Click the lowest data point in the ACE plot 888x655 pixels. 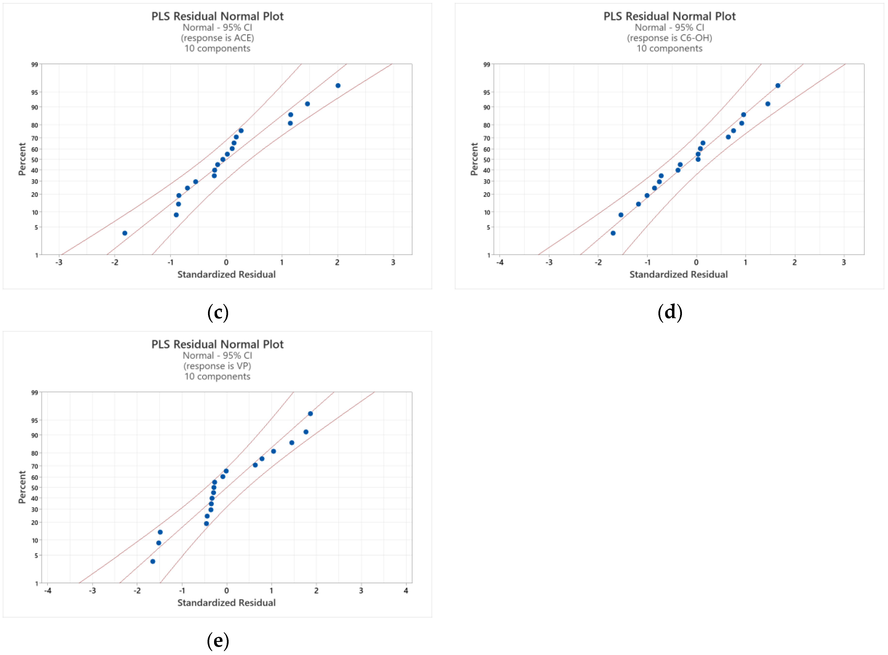[125, 233]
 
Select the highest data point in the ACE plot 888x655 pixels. [338, 86]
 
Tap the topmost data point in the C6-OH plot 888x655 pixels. [778, 86]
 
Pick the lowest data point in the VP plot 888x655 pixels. [153, 561]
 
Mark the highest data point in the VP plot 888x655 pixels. [310, 414]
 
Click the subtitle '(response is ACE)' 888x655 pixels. [217, 38]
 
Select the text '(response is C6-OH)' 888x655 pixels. [670, 38]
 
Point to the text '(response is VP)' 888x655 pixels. [217, 366]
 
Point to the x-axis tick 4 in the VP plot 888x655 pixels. [406, 591]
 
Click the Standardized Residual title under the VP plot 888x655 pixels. [226, 603]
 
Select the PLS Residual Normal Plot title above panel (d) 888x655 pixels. [670, 16]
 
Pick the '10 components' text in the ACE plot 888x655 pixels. [217, 48]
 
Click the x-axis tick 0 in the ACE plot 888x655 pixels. [226, 262]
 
